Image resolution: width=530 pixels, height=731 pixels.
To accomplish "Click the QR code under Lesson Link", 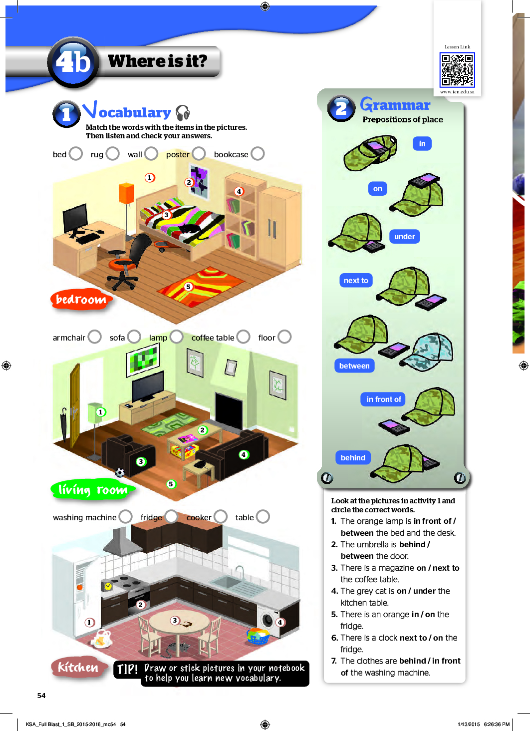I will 457,70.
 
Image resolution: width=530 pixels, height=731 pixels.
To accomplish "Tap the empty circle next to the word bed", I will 76,153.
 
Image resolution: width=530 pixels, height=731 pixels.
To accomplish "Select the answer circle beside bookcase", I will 258,153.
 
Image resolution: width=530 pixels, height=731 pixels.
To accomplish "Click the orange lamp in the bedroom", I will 126,193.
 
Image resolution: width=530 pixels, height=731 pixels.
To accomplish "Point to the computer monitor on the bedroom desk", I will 75,219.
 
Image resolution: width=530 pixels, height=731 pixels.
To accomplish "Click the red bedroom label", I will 81,300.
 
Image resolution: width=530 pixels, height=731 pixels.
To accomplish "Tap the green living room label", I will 93,490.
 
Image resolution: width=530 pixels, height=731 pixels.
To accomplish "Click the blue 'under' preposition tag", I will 404,237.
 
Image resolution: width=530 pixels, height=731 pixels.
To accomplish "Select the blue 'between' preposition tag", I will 354,366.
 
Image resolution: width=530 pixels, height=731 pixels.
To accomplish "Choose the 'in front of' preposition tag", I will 383,399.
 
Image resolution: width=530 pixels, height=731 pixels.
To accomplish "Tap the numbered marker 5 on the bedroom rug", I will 188,287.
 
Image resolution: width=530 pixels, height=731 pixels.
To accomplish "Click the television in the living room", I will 147,386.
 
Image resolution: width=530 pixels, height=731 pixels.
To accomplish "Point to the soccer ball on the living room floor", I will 120,472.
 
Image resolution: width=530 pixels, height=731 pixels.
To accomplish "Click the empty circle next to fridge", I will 171,516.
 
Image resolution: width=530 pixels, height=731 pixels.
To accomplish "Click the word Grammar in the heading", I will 395,105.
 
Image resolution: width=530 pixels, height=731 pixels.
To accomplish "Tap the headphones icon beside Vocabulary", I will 183,112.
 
